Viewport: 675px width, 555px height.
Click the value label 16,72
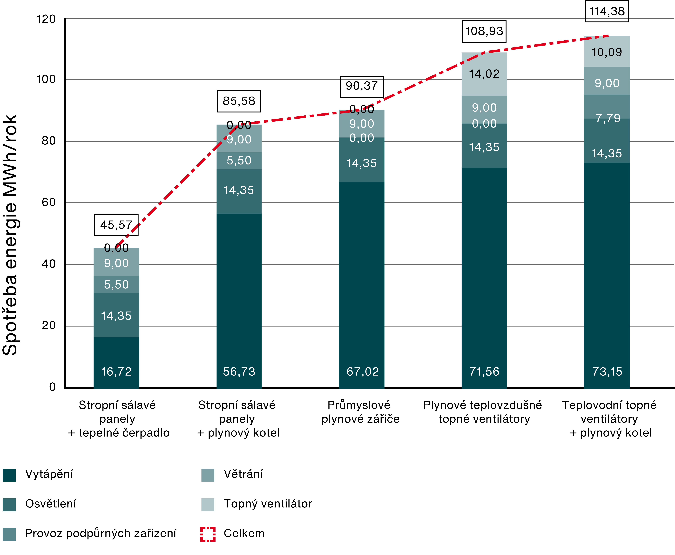pyautogui.click(x=116, y=372)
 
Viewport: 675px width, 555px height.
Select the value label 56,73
pyautogui.click(x=239, y=372)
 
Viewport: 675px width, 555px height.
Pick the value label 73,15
pyautogui.click(x=607, y=372)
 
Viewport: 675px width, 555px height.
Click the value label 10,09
pyautogui.click(x=607, y=52)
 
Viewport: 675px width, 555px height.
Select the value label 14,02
pyautogui.click(x=484, y=74)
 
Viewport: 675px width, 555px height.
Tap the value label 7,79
pyautogui.click(x=608, y=118)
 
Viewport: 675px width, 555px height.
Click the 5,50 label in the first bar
pyautogui.click(x=116, y=285)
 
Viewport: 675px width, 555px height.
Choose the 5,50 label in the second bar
pyautogui.click(x=239, y=161)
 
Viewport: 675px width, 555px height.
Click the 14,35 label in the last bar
pyautogui.click(x=607, y=153)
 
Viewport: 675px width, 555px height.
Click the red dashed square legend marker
pyautogui.click(x=208, y=534)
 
